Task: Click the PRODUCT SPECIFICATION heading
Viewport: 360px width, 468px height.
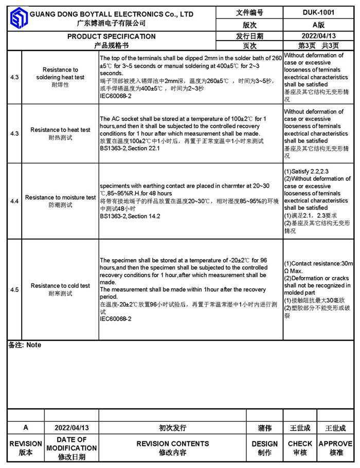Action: click(112, 37)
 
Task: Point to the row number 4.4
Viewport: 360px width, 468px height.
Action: click(14, 201)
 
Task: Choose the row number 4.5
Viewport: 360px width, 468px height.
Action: click(14, 290)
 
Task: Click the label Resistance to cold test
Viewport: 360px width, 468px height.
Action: click(60, 286)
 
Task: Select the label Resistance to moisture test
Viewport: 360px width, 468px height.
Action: click(60, 197)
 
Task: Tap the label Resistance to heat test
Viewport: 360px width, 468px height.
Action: click(60, 130)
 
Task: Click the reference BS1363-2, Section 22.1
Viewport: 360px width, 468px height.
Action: click(130, 148)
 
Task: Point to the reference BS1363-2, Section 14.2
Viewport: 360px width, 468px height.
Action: click(130, 216)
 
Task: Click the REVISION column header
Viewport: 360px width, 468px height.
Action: click(26, 443)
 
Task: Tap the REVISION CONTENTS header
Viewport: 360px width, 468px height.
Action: click(172, 443)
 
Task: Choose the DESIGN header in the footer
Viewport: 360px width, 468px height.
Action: click(265, 443)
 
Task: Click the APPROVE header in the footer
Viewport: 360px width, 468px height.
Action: click(335, 443)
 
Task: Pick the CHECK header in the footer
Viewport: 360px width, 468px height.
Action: click(300, 443)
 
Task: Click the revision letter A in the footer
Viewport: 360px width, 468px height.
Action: click(26, 427)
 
